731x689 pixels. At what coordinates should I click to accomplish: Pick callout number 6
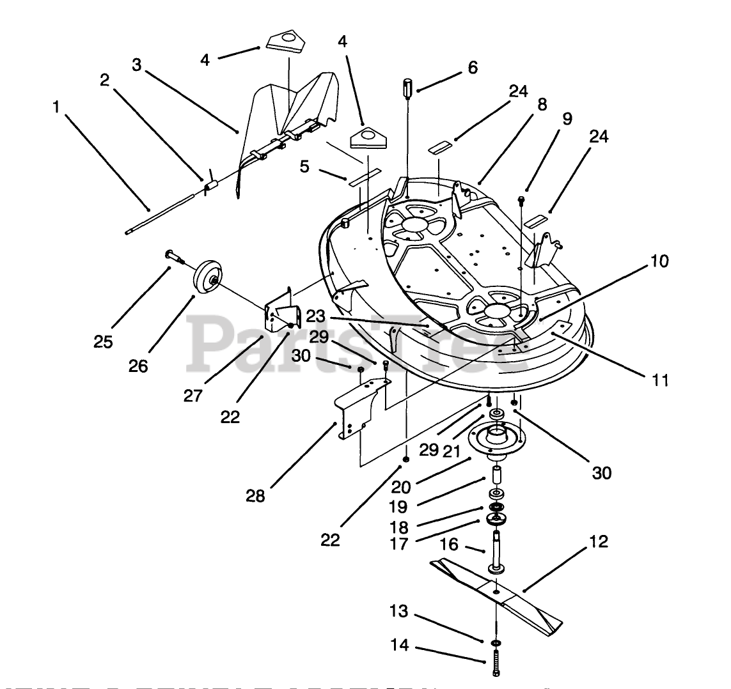click(472, 67)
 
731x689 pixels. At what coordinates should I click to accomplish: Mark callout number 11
click(661, 380)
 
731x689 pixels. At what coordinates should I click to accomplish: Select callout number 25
click(102, 342)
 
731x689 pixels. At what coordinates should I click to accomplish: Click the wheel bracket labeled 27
click(281, 311)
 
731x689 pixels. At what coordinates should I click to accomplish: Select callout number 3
click(138, 65)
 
